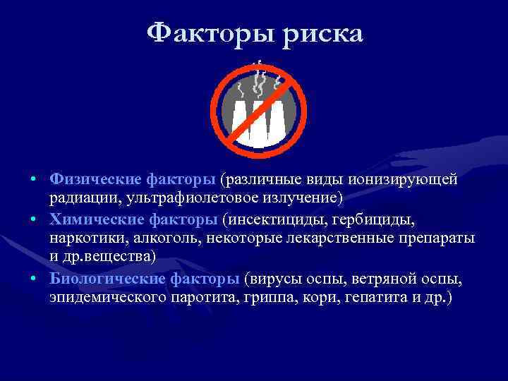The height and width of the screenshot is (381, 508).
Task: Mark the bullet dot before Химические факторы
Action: coord(34,222)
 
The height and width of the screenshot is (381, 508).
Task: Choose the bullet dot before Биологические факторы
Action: coord(34,279)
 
